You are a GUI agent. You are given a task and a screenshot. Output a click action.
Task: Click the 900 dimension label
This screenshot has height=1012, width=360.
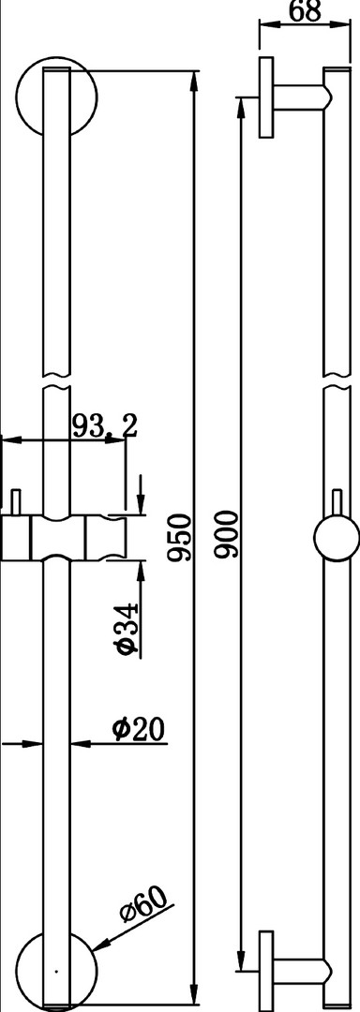tap(227, 534)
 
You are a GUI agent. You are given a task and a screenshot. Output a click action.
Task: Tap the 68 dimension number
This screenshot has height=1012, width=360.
tap(305, 11)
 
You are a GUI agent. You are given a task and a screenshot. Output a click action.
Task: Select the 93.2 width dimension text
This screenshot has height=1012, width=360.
tap(104, 427)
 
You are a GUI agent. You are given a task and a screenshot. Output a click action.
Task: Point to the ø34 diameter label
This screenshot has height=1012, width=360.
tap(128, 629)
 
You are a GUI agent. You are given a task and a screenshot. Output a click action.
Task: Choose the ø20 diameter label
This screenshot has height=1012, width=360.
tap(138, 729)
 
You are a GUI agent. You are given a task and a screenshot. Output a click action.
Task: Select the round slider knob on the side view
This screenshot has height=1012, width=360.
tap(337, 539)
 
